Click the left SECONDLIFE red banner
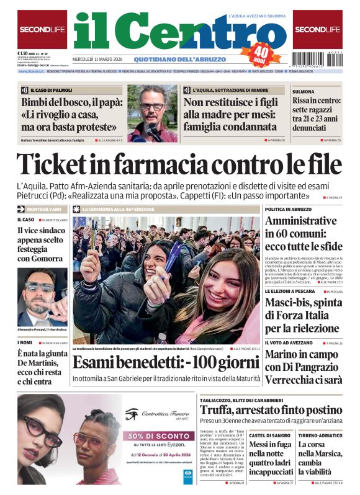[42, 29]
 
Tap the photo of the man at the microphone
[152, 113]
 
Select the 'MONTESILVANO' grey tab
[42, 210]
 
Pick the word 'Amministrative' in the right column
[300, 221]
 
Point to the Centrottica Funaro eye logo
[132, 414]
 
